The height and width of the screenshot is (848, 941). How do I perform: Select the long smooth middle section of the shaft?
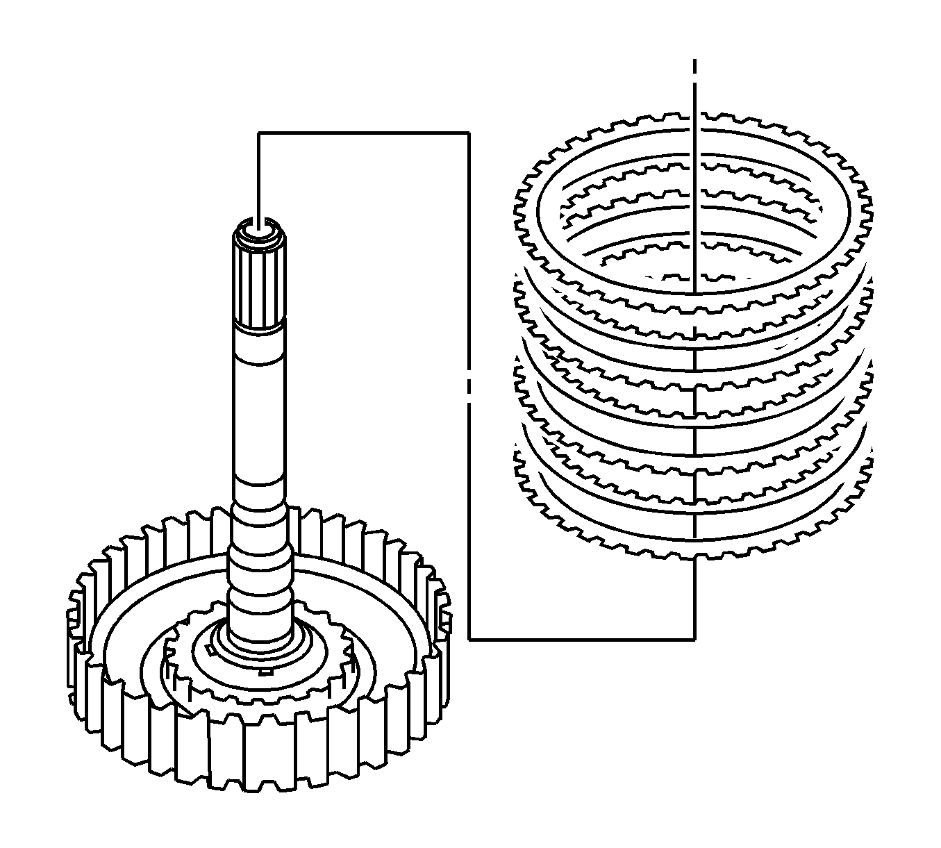258,417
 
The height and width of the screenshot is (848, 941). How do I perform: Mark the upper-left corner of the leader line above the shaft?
258,133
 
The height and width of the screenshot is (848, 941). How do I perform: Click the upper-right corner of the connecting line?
468,133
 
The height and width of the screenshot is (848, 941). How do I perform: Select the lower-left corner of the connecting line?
469,638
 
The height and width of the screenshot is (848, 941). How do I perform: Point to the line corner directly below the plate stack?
694,638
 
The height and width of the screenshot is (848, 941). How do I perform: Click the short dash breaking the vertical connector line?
469,384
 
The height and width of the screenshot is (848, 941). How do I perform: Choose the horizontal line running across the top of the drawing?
361,133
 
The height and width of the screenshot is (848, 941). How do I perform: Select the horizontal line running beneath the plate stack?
583,638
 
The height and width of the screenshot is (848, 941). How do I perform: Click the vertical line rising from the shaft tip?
258,177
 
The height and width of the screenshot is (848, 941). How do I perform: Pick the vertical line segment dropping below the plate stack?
694,597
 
